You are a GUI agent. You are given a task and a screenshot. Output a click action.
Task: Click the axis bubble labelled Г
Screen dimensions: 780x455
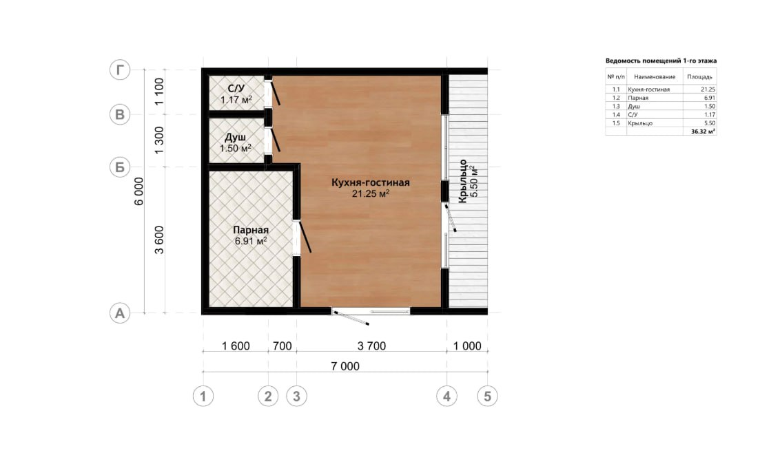coord(120,70)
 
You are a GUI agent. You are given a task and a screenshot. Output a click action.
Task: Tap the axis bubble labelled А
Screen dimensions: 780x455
coord(120,313)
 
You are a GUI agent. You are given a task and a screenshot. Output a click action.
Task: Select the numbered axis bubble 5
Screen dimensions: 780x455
coord(488,396)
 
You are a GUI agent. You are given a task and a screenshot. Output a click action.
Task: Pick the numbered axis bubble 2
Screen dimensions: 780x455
coord(268,396)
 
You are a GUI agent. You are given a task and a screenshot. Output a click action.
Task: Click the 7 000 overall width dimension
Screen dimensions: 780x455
coord(345,366)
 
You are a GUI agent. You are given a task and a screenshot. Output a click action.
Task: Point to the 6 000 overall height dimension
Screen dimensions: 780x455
coord(139,191)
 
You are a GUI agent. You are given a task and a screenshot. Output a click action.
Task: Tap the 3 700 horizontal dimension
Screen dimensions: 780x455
coord(371,346)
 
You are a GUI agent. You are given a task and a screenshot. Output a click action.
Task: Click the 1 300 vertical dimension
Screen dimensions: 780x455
coord(159,140)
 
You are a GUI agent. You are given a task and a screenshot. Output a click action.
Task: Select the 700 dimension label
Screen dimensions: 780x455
coord(283,346)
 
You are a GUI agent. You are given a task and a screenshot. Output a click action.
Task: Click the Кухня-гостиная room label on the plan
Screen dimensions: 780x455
coord(371,182)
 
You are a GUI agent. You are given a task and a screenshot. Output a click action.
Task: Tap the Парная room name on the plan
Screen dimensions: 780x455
coord(251,230)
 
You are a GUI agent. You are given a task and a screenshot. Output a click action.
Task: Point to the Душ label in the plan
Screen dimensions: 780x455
coord(235,137)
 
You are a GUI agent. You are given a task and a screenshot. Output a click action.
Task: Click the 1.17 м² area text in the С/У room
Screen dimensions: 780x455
coord(236,99)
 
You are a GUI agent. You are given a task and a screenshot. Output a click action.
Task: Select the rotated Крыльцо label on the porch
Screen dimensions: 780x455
coord(462,181)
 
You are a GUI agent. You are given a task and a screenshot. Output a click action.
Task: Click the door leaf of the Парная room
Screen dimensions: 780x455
coord(304,236)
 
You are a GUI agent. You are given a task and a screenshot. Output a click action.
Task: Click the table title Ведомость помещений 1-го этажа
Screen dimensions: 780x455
coord(661,61)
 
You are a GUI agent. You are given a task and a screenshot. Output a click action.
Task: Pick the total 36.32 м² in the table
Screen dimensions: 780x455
coord(704,131)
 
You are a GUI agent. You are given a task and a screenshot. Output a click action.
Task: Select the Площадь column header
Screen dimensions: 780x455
coord(699,76)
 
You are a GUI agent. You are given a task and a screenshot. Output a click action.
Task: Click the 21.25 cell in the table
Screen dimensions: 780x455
coord(708,89)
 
